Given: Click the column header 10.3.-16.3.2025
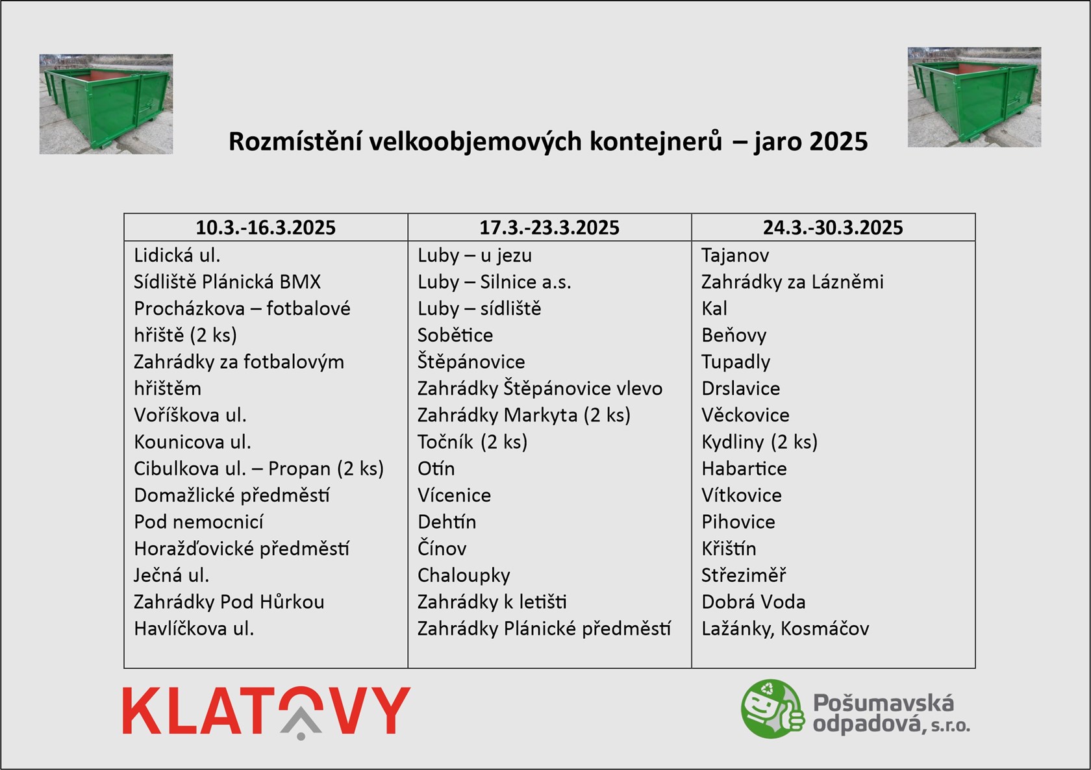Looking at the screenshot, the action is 266,227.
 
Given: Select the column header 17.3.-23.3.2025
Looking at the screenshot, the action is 549,227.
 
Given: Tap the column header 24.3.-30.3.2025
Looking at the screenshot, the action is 833,227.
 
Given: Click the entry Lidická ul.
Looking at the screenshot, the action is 177,255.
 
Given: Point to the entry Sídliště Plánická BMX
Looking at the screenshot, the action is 227,282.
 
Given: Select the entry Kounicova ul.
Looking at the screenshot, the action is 192,441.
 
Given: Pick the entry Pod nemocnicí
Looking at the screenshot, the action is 199,521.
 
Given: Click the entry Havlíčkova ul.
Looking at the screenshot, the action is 194,628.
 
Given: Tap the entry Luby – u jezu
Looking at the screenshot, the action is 474,256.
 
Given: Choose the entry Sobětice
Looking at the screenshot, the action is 455,335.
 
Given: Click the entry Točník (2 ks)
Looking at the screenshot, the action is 473,441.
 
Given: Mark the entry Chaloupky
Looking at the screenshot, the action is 464,576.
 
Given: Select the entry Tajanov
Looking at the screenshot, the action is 735,256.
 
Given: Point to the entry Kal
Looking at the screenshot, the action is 714,308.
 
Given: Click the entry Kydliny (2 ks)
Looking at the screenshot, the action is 759,442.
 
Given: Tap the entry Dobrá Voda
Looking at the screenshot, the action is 753,602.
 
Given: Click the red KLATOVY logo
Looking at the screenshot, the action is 266,712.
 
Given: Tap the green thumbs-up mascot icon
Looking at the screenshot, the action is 773,708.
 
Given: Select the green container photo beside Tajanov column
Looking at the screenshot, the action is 974,97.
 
